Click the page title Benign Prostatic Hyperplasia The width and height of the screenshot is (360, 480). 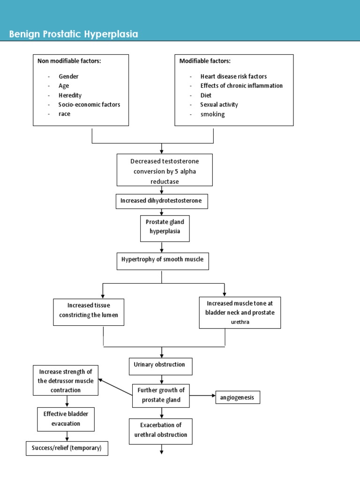[x=74, y=35]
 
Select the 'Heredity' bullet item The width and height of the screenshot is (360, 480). [x=70, y=95]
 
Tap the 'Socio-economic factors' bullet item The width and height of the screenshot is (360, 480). [x=89, y=105]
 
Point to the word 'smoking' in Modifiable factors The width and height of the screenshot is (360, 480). [x=212, y=114]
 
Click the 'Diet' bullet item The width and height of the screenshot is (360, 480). [x=206, y=95]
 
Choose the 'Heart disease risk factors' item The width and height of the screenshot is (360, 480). [x=233, y=76]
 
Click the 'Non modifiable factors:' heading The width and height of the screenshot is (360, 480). [x=68, y=61]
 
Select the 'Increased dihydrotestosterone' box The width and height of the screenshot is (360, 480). [x=161, y=201]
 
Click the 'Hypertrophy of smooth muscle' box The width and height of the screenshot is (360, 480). [x=162, y=260]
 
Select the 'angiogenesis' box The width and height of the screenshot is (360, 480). [x=237, y=397]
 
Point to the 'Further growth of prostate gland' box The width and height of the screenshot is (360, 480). [x=161, y=396]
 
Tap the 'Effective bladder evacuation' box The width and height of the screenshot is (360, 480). [x=65, y=419]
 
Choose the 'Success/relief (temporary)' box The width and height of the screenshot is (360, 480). [x=67, y=448]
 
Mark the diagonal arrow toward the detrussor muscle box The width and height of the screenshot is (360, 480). [x=115, y=387]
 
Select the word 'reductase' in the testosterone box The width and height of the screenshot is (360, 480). [x=165, y=181]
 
